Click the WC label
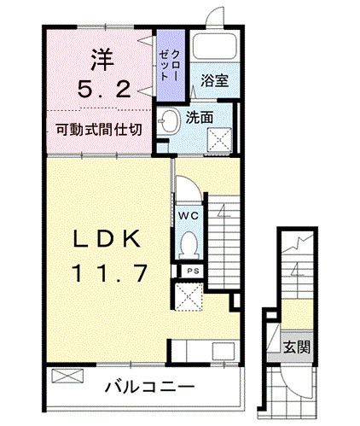188,216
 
